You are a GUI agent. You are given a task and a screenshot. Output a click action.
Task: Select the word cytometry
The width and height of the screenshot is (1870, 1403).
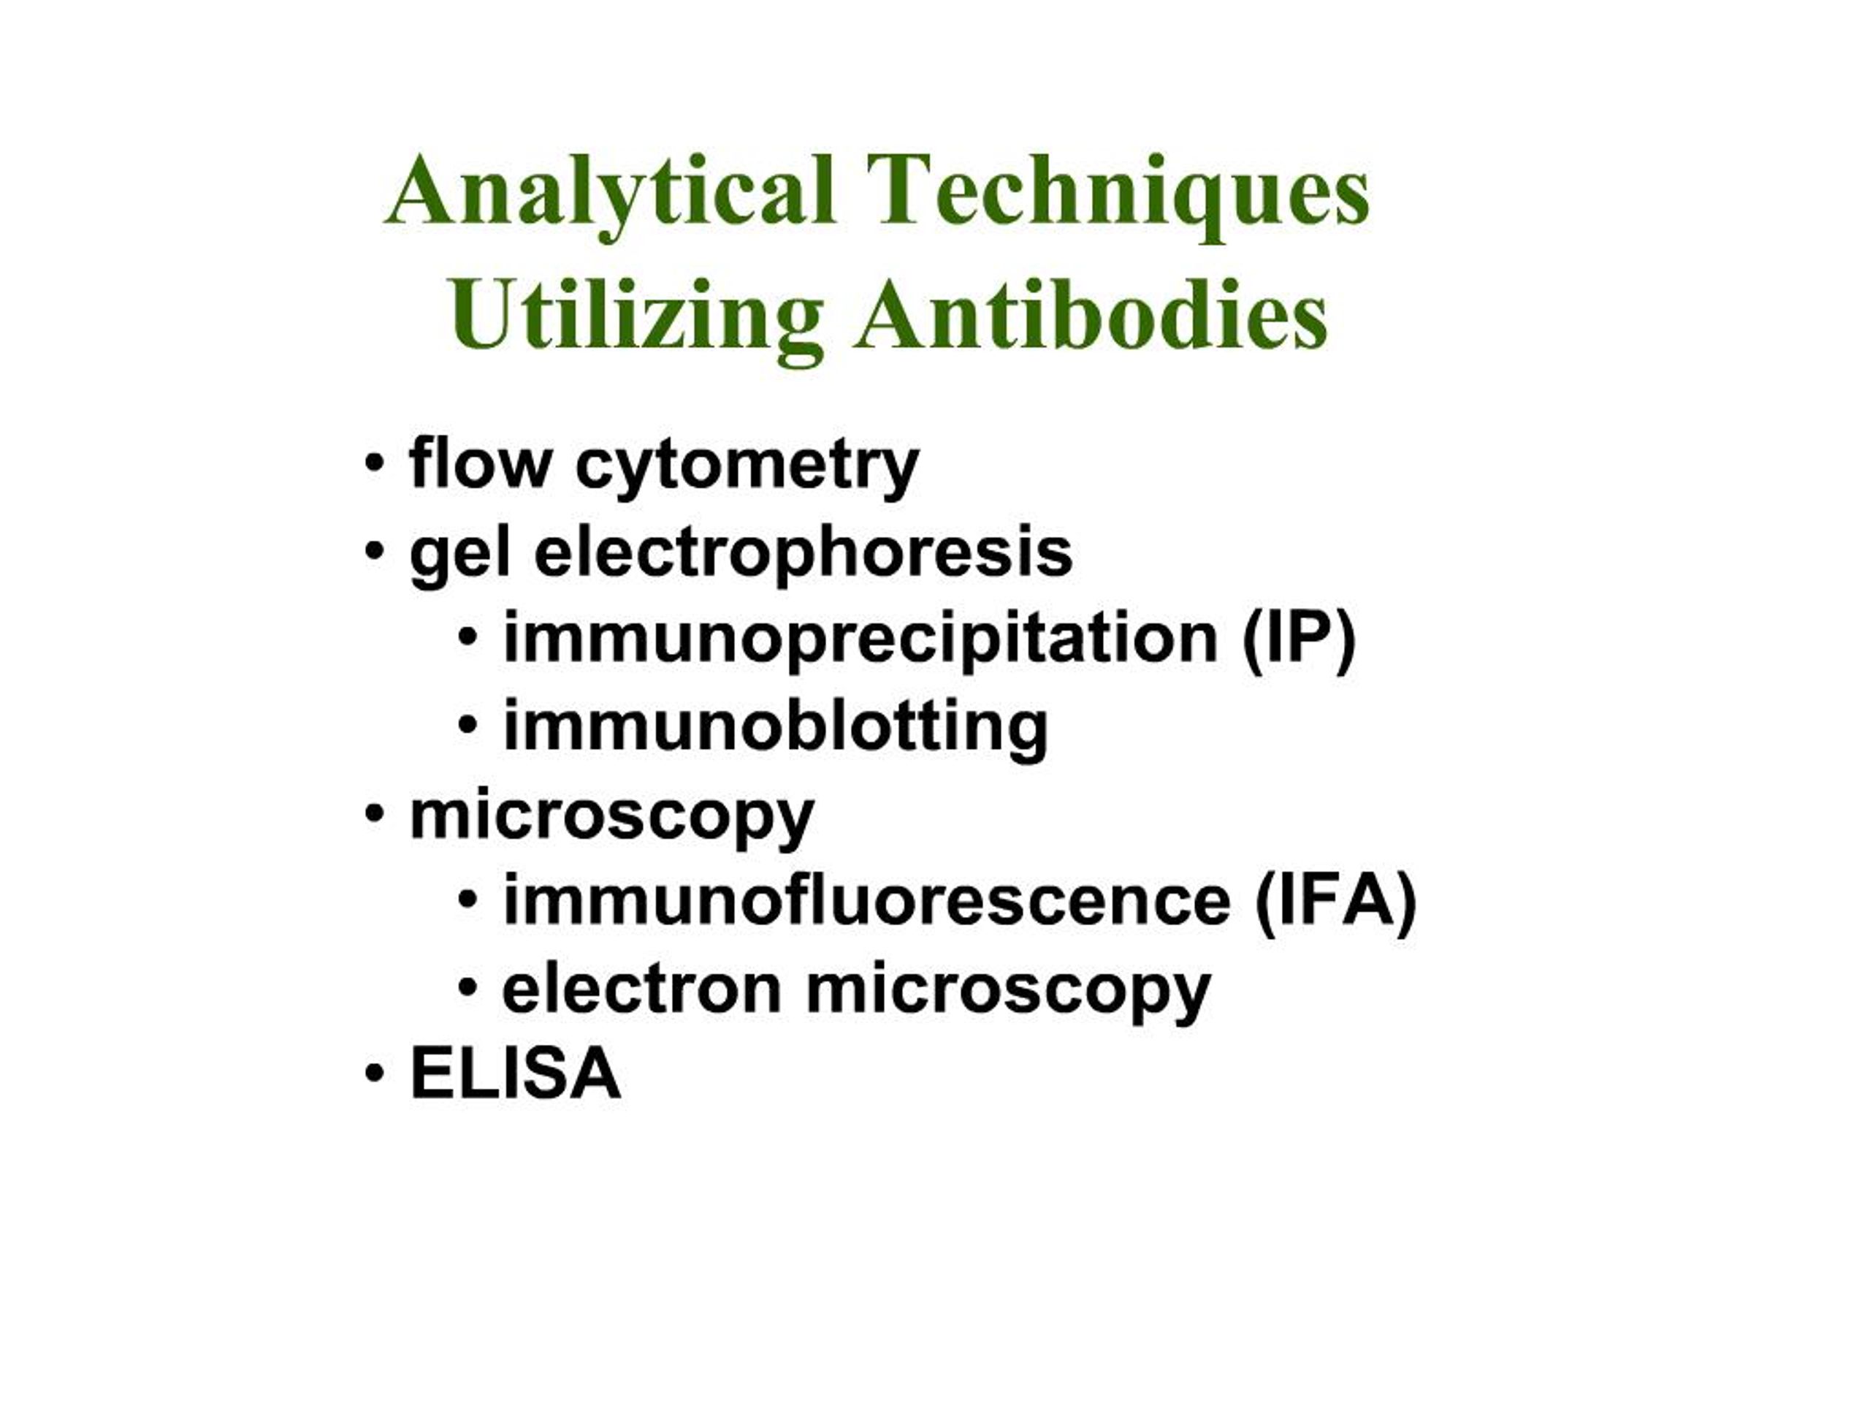(x=747, y=468)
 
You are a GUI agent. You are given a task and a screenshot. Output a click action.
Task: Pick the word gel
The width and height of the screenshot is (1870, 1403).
(x=460, y=555)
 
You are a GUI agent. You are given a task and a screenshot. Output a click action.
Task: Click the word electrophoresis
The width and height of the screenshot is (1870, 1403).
(x=803, y=555)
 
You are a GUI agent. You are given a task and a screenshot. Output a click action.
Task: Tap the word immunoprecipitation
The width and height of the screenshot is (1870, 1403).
(x=860, y=640)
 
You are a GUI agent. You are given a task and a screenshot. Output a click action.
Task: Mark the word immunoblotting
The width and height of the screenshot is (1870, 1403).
(x=775, y=727)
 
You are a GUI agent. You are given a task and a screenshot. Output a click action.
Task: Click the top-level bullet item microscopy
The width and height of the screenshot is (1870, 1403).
(x=611, y=817)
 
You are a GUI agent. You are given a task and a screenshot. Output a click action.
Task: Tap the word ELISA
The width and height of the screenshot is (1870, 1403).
(x=516, y=1074)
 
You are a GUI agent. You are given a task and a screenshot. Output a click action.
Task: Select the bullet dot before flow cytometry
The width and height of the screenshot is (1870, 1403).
(x=375, y=464)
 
